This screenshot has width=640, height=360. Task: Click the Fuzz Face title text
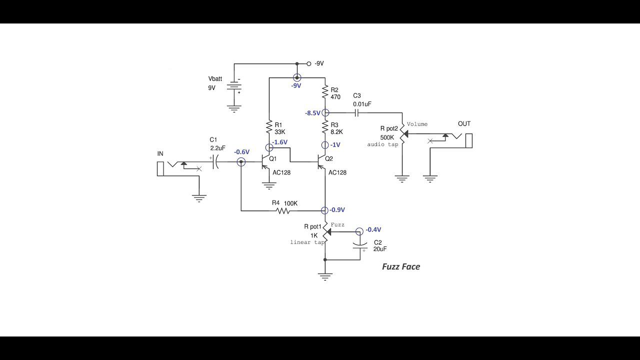click(x=401, y=266)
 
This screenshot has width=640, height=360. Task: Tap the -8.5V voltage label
click(x=312, y=113)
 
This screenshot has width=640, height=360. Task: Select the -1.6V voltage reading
click(x=280, y=142)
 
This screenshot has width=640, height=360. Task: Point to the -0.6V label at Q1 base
click(x=241, y=152)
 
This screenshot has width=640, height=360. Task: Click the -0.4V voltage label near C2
click(x=373, y=230)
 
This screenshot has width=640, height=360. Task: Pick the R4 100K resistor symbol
click(x=283, y=211)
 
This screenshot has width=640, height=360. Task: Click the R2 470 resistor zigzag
click(x=325, y=92)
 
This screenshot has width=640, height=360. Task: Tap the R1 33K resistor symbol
click(x=269, y=126)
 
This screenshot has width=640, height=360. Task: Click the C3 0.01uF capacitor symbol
click(x=357, y=113)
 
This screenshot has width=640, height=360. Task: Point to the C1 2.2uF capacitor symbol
click(x=216, y=162)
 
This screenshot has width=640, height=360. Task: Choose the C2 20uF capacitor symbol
click(x=359, y=245)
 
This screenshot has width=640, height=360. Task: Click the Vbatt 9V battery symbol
click(x=234, y=86)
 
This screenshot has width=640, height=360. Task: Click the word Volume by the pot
click(x=417, y=124)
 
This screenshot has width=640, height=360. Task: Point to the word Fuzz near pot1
click(x=337, y=225)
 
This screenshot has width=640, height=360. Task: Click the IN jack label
click(x=160, y=154)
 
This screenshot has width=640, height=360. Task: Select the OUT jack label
click(x=464, y=124)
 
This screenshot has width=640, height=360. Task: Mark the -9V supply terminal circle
click(x=309, y=64)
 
